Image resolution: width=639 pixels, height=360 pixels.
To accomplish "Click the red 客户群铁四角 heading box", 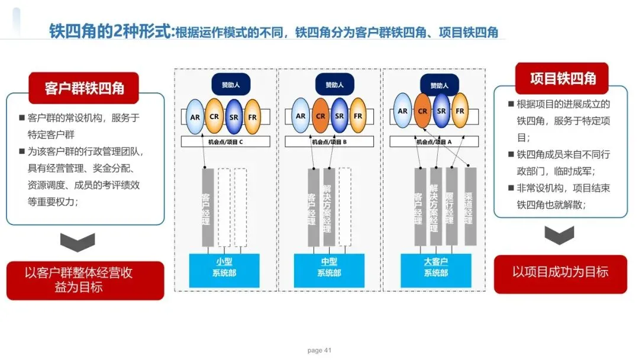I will coord(84,88).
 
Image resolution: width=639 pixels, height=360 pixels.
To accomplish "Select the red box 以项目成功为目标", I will coord(560,273).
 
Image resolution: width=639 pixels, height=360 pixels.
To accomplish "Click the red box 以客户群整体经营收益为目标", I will coord(85,280).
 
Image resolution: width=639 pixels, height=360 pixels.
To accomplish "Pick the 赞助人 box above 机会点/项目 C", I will coord(231,85).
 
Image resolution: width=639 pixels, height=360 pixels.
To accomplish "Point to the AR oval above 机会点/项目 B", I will coord(301,116).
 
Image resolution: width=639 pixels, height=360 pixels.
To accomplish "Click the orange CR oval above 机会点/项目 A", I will coord(422,111).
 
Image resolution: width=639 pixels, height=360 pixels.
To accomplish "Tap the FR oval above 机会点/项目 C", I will coord(252,116).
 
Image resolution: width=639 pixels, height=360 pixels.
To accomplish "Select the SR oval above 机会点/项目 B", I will coord(339,116).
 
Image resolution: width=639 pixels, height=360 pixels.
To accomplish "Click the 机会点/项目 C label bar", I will coord(225,142).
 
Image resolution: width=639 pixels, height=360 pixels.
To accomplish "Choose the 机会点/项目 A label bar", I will coord(436,142).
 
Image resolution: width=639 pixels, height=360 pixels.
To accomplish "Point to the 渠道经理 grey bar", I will coord(470,205).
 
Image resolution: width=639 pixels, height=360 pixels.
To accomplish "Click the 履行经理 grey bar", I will coord(452,205).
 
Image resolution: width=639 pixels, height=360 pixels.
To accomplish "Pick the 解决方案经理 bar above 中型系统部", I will coord(329,207).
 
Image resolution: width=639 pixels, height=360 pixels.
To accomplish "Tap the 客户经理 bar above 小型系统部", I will coord(207,207).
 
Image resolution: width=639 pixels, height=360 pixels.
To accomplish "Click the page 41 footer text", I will coord(319,351).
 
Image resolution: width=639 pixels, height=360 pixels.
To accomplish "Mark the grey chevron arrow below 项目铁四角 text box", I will coord(560,235).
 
